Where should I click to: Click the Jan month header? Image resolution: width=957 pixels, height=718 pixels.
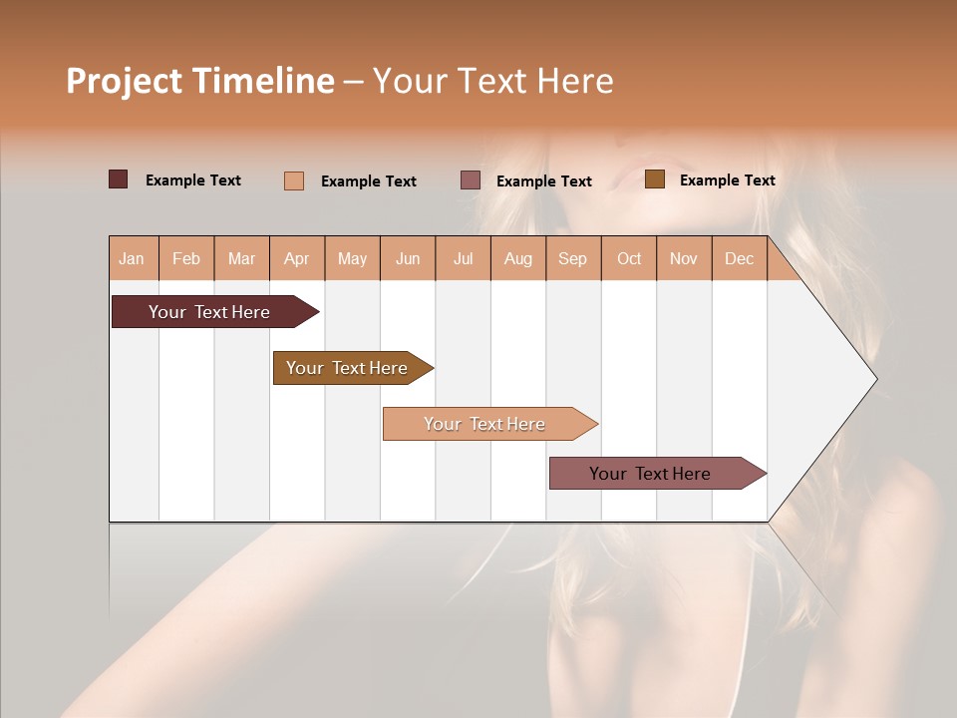pyautogui.click(x=132, y=258)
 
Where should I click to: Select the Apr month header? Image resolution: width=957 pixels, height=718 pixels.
pyautogui.click(x=296, y=258)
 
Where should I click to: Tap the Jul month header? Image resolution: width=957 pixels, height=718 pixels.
pyautogui.click(x=463, y=258)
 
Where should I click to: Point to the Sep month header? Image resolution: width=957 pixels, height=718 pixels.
pyautogui.click(x=572, y=258)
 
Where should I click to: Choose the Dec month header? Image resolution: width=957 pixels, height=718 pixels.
pyautogui.click(x=739, y=258)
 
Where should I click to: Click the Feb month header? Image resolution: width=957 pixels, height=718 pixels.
pyautogui.click(x=186, y=258)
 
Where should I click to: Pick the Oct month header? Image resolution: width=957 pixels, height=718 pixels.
pyautogui.click(x=629, y=258)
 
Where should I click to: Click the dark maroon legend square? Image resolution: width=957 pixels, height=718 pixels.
pyautogui.click(x=118, y=179)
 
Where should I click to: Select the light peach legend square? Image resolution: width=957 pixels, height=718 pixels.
pyautogui.click(x=293, y=180)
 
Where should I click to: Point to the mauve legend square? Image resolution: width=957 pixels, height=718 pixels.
pyautogui.click(x=470, y=180)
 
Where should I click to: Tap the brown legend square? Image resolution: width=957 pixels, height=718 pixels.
pyautogui.click(x=654, y=179)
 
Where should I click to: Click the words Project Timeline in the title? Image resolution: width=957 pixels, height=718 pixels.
pyautogui.click(x=200, y=81)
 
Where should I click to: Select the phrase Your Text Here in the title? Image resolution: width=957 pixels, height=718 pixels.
pyautogui.click(x=492, y=81)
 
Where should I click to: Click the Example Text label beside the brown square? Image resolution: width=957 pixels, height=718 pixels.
pyautogui.click(x=727, y=180)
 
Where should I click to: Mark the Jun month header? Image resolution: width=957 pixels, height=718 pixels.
pyautogui.click(x=408, y=258)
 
